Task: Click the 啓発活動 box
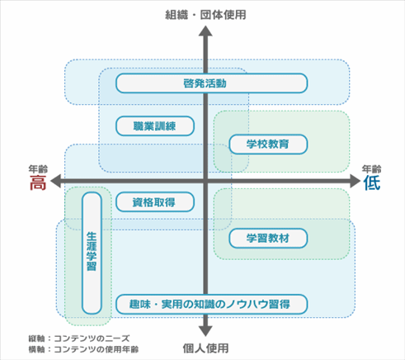point(211,83)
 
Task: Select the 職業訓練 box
point(155,126)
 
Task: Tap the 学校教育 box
point(268,144)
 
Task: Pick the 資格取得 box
point(155,202)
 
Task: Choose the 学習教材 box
point(268,238)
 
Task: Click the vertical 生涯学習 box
point(92,253)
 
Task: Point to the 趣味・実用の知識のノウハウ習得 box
point(211,304)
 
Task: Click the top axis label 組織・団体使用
point(205,15)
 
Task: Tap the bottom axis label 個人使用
point(205,348)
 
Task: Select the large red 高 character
point(38,182)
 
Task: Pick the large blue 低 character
point(372,182)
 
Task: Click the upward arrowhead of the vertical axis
point(205,31)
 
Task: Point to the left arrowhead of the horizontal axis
point(55,181)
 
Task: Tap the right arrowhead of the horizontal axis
point(355,181)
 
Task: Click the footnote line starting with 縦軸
point(79,339)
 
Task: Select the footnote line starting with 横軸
point(83,349)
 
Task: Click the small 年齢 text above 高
point(38,169)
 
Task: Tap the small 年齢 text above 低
point(371,169)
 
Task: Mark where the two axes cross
point(205,181)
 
